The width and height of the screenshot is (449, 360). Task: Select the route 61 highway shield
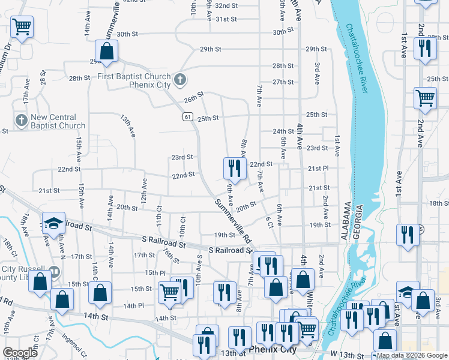pos(188,118)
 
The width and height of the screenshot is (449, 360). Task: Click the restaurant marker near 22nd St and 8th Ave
pos(234,168)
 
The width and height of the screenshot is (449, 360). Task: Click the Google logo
pos(20,353)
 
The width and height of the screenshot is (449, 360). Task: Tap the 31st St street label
pos(226,19)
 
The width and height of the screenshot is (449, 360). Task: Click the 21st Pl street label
pos(318,169)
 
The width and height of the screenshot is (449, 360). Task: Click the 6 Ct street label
pos(270,222)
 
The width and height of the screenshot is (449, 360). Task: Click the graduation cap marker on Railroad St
pos(53,223)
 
